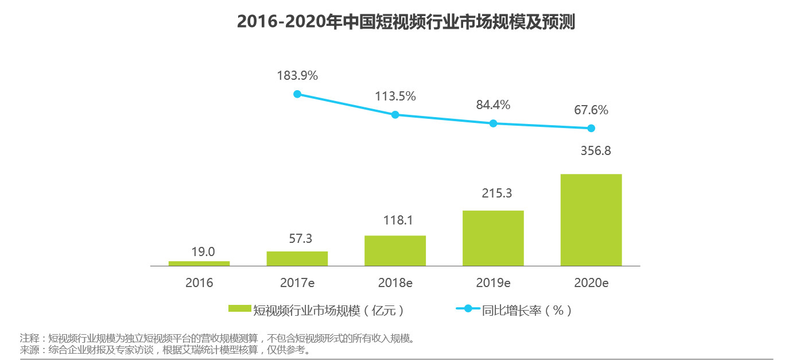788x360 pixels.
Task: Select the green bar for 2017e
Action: click(x=297, y=258)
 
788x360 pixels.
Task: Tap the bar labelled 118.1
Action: click(x=395, y=251)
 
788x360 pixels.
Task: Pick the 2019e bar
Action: click(x=493, y=238)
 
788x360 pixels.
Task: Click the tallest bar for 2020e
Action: click(x=591, y=220)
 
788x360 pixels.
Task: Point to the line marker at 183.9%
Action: click(x=297, y=94)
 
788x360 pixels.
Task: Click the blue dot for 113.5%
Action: click(x=395, y=115)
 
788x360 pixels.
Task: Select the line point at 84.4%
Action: click(x=493, y=123)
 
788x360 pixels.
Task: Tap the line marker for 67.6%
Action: click(x=591, y=128)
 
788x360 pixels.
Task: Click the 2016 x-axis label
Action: click(x=199, y=282)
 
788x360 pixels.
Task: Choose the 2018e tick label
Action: click(x=395, y=282)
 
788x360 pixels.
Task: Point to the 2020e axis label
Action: click(x=591, y=282)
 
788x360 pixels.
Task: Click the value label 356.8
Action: click(x=591, y=152)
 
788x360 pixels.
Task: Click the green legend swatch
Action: click(x=240, y=309)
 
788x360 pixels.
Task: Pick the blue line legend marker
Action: click(x=468, y=309)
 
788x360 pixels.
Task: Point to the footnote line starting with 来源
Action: click(x=166, y=349)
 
